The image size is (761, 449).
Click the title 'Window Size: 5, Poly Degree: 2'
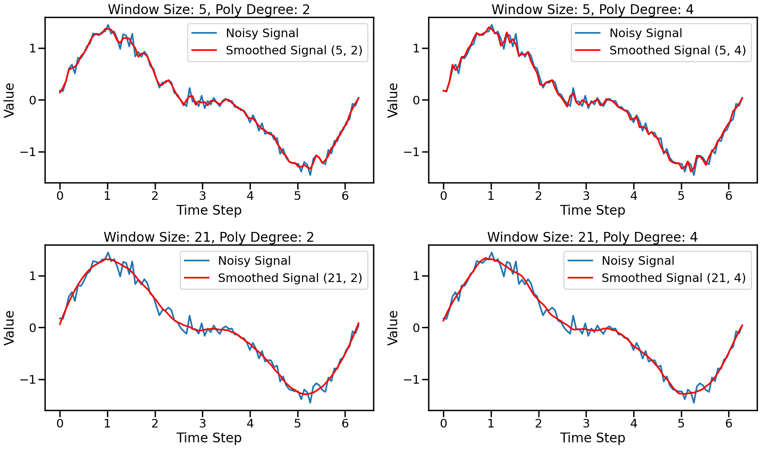(209, 9)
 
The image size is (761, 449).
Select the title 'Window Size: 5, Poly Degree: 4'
(592, 9)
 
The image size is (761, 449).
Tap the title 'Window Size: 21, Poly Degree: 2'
(209, 237)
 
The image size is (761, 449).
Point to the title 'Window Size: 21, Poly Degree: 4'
(592, 237)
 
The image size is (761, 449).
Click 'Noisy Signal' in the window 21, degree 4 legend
(638, 260)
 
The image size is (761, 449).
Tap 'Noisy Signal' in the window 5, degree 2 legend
(262, 33)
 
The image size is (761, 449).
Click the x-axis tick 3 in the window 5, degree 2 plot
(202, 196)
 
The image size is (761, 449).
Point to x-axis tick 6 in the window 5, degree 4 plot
(729, 196)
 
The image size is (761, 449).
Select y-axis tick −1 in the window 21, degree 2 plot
(30, 380)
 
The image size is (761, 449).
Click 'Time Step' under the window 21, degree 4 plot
(592, 438)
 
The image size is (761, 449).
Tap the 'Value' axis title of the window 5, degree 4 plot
(393, 100)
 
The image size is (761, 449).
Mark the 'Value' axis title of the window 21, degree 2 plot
(9, 328)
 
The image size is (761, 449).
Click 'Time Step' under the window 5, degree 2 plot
(209, 210)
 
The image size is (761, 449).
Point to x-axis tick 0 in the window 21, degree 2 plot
(60, 423)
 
